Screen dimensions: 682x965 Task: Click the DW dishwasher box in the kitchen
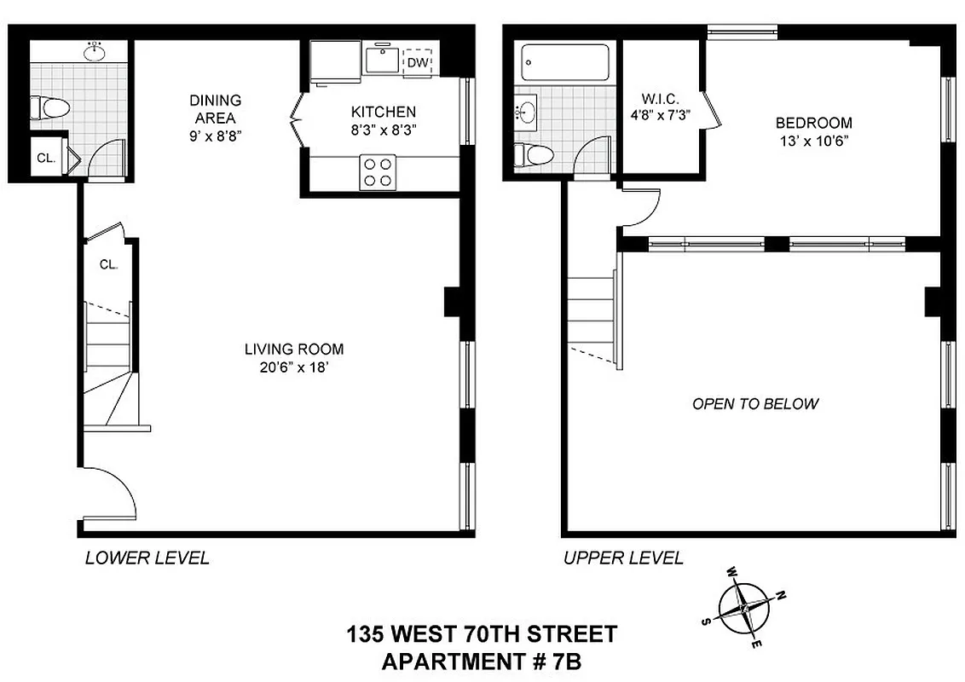tap(417, 62)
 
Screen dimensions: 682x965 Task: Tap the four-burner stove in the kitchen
tap(378, 171)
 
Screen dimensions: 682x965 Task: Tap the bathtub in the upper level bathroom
tap(565, 63)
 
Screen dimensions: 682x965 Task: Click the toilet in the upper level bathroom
tap(535, 154)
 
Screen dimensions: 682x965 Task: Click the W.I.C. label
tap(660, 99)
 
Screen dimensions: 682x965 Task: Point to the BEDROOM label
tap(814, 123)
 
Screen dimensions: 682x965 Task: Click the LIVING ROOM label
tap(293, 349)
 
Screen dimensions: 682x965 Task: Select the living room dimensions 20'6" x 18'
tap(293, 367)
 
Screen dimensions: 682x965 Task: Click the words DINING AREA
tap(215, 109)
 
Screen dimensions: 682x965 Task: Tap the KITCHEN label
tap(383, 112)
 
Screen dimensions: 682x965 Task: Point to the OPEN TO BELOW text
tap(755, 403)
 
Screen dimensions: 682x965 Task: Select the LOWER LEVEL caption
tap(147, 558)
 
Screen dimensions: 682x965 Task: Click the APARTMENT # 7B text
tap(482, 661)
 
